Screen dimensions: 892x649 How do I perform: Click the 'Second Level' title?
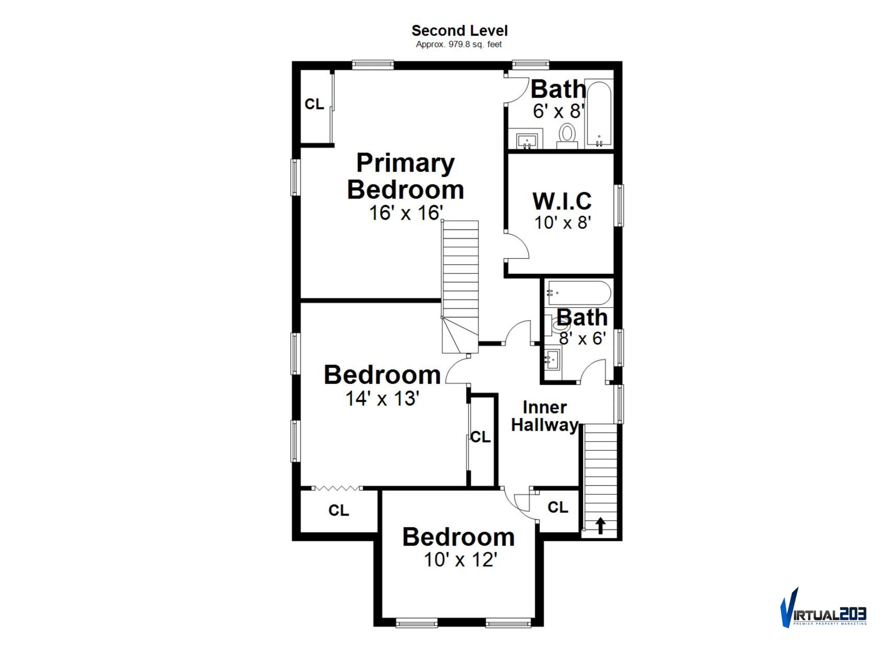pos(459,31)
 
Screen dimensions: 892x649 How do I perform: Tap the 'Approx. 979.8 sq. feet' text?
pos(459,45)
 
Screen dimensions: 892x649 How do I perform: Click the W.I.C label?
pos(562,201)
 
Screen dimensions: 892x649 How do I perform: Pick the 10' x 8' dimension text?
pos(563,223)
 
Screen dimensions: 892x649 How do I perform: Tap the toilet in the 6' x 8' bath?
pos(567,136)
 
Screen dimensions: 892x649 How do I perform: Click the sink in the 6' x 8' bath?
pos(527,140)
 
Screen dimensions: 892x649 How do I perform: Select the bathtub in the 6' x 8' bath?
pos(599,114)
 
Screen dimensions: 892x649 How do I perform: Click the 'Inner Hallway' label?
pos(545,417)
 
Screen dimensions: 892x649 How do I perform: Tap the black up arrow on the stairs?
pos(600,526)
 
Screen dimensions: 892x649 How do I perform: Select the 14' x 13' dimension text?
pos(382,398)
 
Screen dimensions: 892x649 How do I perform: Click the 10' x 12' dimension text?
pos(461,560)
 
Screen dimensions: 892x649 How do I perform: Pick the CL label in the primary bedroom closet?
pos(314,104)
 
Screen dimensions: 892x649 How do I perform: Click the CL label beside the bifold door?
pos(339,510)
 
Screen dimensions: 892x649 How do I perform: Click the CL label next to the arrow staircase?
pos(558,507)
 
